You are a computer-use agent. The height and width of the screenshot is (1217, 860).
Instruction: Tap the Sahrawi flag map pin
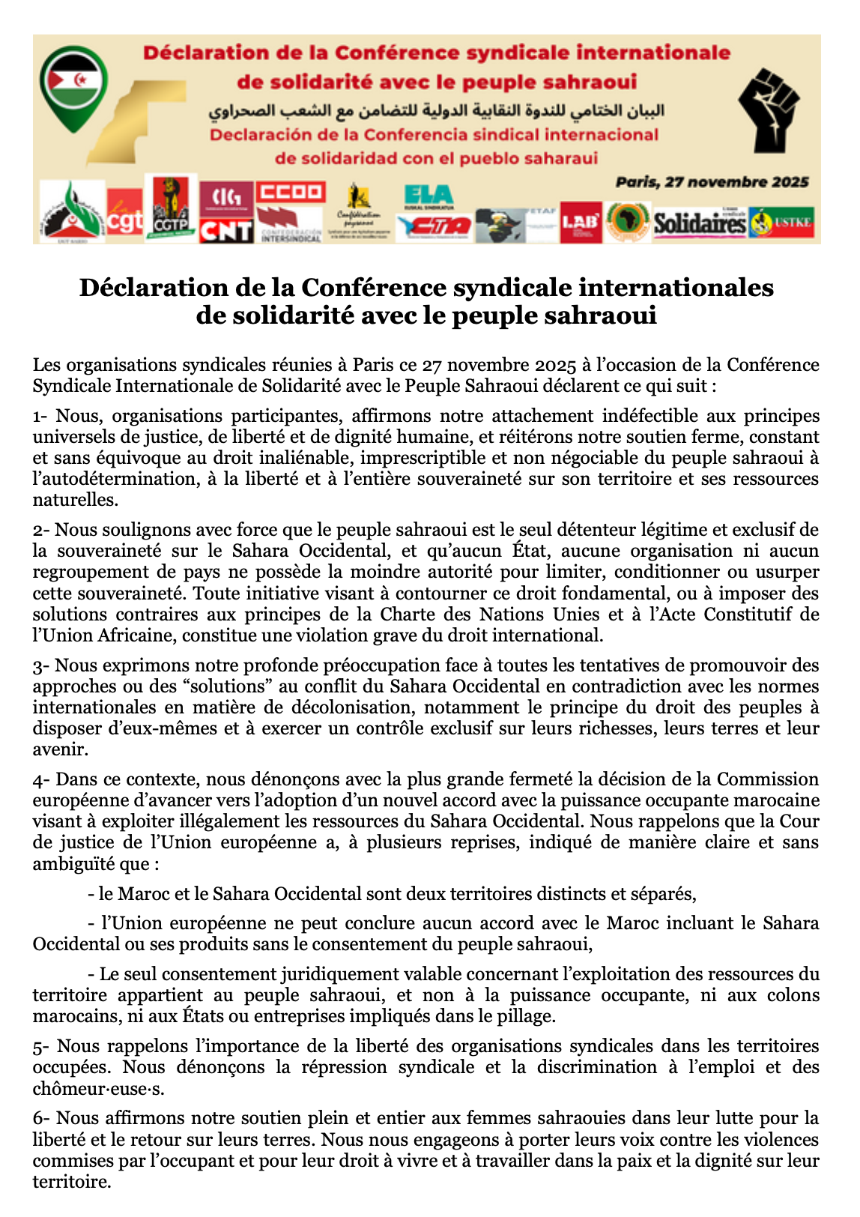[x=73, y=87]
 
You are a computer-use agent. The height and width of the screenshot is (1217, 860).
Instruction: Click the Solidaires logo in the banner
[x=700, y=223]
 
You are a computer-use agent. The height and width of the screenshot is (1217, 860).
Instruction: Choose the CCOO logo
[x=290, y=193]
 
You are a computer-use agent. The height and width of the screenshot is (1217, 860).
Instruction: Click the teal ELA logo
[x=428, y=197]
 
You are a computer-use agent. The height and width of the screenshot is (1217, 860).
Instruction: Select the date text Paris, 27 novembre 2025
[x=712, y=182]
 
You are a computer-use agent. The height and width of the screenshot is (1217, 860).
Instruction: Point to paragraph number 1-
[x=42, y=416]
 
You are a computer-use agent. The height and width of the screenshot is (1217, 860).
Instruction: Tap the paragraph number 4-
[x=42, y=780]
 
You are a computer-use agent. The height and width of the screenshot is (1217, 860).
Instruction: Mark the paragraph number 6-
[x=42, y=1119]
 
